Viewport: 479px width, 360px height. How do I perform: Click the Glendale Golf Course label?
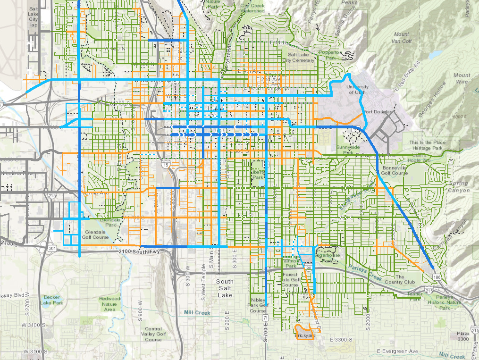coord(94,235)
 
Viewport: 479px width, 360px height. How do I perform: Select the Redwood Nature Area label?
coord(109,304)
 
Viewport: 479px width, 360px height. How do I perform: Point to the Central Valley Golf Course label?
coord(153,334)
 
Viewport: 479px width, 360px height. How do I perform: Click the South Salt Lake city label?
coord(225,288)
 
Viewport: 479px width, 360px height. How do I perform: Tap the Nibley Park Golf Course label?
coord(258,305)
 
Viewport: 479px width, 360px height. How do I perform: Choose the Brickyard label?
coord(304,335)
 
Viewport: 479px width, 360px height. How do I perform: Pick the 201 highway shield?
coord(52,248)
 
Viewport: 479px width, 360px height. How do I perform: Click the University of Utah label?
coord(356,90)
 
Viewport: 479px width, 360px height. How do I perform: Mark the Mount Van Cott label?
coord(402,37)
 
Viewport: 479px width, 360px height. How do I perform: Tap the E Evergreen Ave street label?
coord(398,352)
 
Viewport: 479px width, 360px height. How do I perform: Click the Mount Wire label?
coord(462,78)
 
